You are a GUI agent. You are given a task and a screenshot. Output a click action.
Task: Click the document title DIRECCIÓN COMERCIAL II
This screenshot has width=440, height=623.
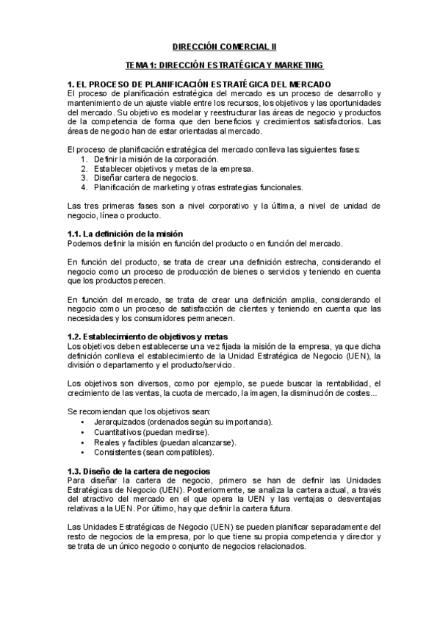[220, 46]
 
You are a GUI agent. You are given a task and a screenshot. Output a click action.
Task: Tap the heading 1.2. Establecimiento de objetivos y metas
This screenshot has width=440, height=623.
[138, 336]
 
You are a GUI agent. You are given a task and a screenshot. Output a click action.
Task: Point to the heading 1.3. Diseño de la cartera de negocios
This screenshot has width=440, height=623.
[138, 470]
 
